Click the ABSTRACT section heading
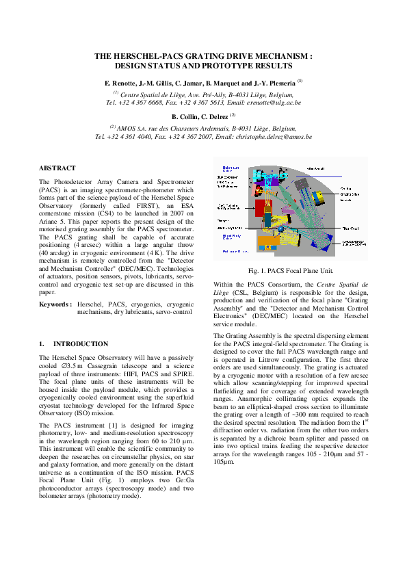[x=57, y=168]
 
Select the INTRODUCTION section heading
[x=81, y=343]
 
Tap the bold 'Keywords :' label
[x=55, y=302]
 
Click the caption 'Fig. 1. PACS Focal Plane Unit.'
[x=291, y=271]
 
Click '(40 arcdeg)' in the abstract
[x=57, y=252]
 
